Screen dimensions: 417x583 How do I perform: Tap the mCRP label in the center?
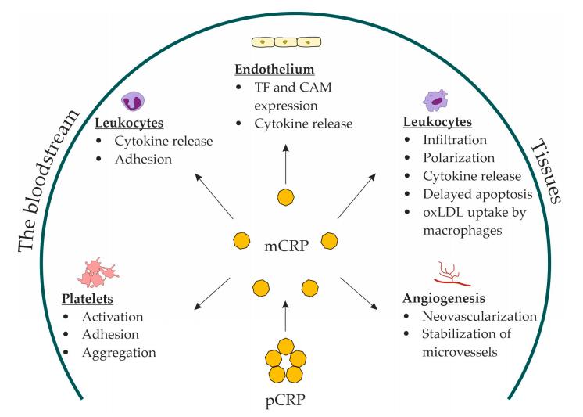[285, 249]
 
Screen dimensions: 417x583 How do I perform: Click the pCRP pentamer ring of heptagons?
[286, 361]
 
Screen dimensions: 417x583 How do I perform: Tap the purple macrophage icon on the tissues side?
[436, 100]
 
